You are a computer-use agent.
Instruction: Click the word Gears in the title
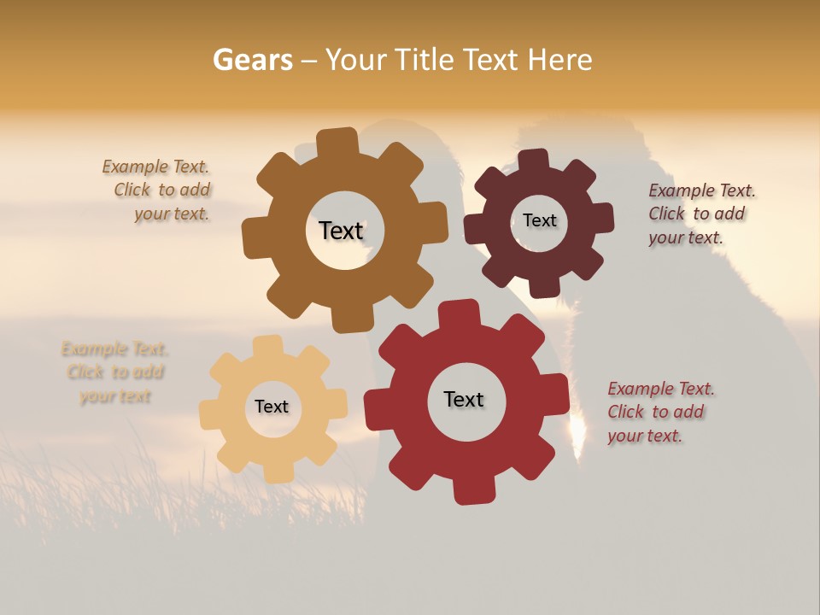252,60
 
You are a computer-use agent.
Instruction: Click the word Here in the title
560,60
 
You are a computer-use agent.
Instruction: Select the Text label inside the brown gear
341,231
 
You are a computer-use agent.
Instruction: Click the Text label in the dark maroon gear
539,220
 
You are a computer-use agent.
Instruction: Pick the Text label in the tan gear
272,407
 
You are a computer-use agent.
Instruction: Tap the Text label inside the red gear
464,399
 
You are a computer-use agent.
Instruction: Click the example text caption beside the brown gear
158,190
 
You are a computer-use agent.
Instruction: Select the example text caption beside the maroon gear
700,214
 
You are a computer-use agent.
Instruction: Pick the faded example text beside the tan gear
114,372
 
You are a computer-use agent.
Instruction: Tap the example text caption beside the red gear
659,412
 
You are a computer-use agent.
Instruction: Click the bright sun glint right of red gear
577,431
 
